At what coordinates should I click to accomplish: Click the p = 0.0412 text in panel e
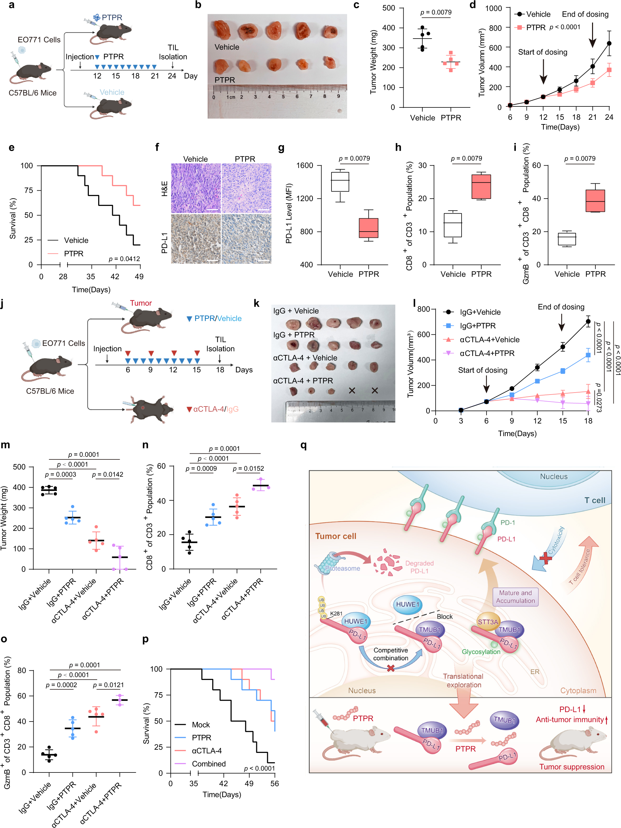point(124,259)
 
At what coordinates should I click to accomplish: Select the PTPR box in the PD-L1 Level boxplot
point(368,228)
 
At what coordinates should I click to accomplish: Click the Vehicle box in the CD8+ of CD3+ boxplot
point(453,225)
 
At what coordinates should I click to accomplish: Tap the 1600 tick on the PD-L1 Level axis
point(305,165)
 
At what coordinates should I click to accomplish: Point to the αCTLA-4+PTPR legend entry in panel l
point(487,353)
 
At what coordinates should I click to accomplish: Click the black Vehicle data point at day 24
point(609,44)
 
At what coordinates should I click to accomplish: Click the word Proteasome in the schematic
point(342,569)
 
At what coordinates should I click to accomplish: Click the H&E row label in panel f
point(164,189)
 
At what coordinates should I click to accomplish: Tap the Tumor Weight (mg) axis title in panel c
point(373,62)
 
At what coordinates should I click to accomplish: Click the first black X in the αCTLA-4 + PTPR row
point(352,391)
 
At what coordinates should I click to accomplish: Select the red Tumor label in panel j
point(141,303)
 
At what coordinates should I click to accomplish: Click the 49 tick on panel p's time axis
point(249,783)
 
